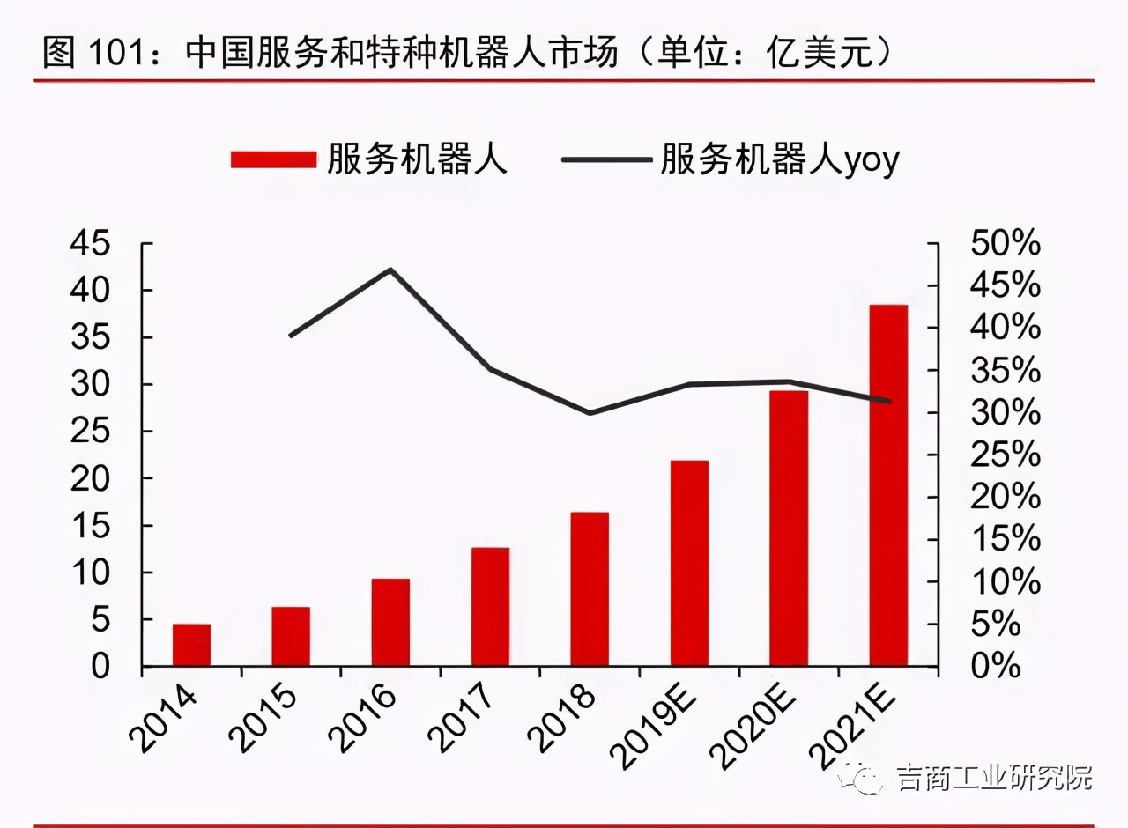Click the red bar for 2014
191,645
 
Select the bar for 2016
390,622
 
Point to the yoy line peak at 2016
390,270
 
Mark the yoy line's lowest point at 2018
590,412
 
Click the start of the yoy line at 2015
291,336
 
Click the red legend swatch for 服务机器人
273,159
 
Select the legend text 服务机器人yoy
780,159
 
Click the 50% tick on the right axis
1005,244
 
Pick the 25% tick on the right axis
1005,455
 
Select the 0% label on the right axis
996,666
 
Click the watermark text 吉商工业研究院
994,778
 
